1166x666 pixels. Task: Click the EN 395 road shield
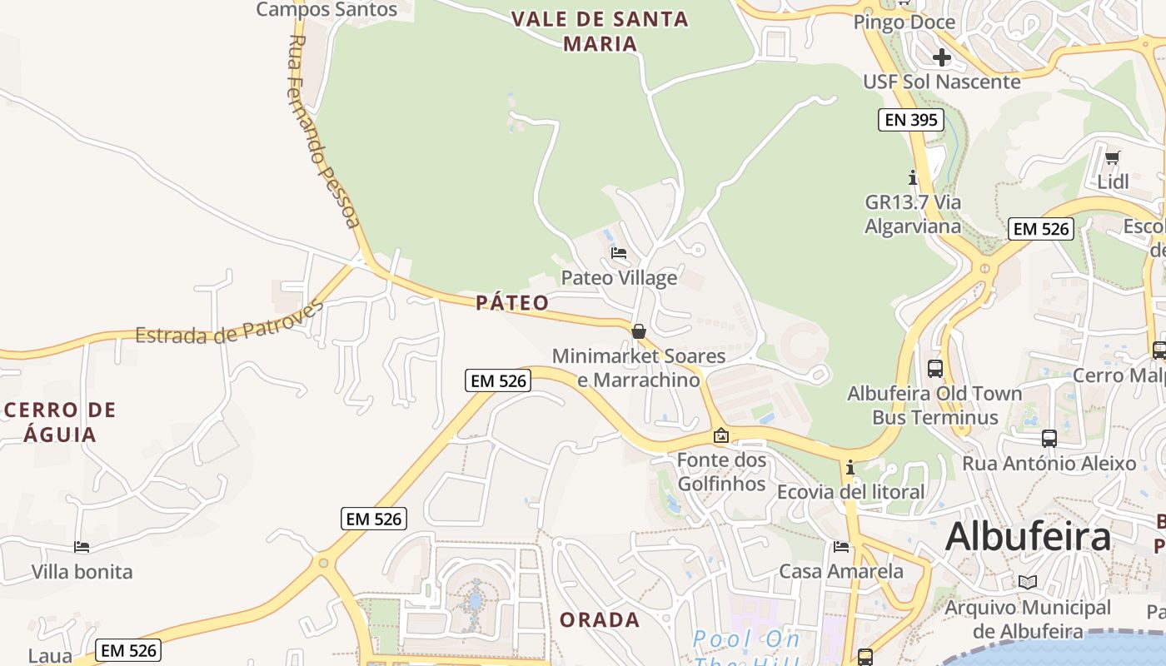(911, 120)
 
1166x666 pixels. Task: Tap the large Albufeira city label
(1028, 537)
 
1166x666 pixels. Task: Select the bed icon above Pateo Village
(619, 252)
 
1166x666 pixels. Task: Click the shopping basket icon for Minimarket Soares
(639, 331)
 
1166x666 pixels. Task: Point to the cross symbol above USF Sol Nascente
(942, 57)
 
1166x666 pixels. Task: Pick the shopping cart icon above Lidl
(1112, 157)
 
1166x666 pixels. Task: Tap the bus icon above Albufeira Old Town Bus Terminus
(934, 368)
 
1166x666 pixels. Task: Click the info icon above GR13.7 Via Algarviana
(913, 177)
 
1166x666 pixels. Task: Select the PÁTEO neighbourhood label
(512, 302)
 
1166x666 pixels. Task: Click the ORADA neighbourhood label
(600, 620)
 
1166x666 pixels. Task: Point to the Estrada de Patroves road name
(229, 323)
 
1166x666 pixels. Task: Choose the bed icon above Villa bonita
(82, 547)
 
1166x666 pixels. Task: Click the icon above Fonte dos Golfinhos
(721, 435)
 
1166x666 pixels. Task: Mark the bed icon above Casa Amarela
(841, 547)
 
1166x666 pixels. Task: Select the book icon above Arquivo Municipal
(1027, 582)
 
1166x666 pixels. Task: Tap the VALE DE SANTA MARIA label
(600, 31)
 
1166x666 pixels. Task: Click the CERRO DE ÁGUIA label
(59, 421)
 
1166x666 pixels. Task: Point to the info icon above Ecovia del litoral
(850, 467)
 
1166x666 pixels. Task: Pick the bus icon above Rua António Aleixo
(1049, 438)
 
